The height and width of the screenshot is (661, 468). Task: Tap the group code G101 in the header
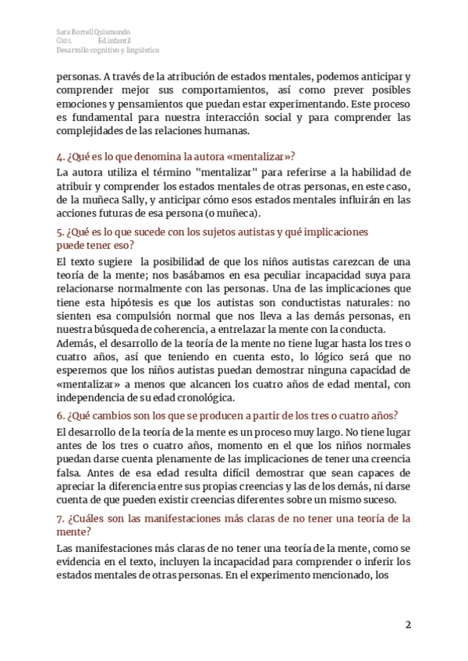64,40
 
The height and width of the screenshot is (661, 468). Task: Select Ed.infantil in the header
114,40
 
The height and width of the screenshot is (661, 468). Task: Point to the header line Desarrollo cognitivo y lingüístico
108,49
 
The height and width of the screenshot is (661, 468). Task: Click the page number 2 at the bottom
407,624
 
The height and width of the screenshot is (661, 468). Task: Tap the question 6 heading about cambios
228,414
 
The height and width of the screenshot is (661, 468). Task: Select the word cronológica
203,398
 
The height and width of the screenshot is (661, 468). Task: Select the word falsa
72,472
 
